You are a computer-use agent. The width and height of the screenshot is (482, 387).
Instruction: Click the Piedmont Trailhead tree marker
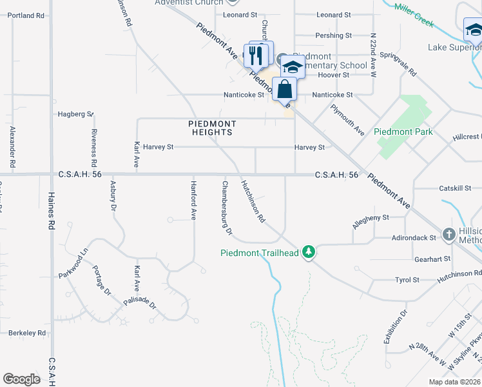[x=309, y=252]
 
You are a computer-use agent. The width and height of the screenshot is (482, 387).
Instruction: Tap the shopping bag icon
[x=284, y=89]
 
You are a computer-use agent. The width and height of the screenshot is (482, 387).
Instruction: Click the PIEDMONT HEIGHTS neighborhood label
[x=212, y=128]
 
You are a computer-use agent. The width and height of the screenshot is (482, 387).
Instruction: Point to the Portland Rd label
[x=26, y=15]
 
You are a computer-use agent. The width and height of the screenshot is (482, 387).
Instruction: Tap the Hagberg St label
[x=75, y=114]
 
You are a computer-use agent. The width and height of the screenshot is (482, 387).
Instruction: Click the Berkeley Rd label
[x=27, y=333]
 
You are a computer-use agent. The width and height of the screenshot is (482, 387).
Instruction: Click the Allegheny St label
[x=371, y=221]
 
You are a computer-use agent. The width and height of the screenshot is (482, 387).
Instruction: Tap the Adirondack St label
[x=414, y=238]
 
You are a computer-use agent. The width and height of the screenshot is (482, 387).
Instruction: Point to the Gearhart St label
[x=432, y=259]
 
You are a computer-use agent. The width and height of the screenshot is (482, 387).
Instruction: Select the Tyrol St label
[x=407, y=280]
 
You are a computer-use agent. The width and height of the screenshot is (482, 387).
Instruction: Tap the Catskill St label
[x=456, y=188]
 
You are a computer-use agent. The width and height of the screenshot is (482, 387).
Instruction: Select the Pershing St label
[x=333, y=35]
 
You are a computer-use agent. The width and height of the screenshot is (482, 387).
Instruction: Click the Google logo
[x=21, y=379]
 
